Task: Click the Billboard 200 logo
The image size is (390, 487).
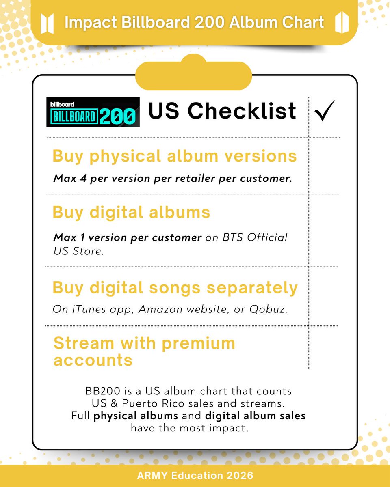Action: coord(93,112)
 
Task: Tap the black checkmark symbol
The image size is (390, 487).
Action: coord(324,111)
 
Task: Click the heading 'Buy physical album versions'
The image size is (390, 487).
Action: coord(175,156)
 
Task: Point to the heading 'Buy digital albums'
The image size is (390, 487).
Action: coord(131,212)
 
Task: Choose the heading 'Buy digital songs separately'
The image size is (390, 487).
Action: coord(175,288)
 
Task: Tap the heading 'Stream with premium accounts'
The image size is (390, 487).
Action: coord(144,351)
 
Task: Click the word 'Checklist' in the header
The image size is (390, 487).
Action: coord(242,111)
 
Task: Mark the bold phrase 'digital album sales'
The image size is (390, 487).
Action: coord(255,416)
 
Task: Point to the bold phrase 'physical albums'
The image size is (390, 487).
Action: coord(136,416)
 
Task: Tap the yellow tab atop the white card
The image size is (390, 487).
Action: coord(193,75)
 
